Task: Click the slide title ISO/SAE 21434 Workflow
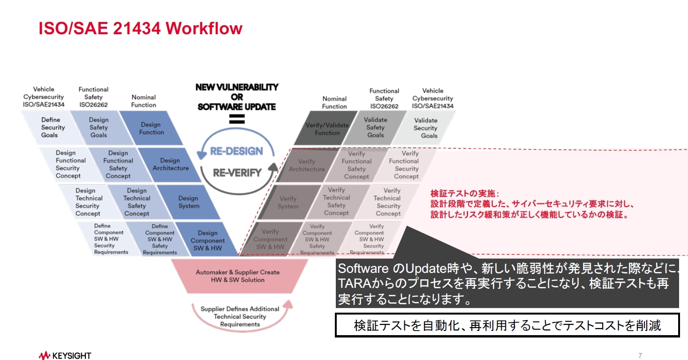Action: [x=141, y=29]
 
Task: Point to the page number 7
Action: [x=640, y=354]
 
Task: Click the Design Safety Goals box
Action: [x=98, y=127]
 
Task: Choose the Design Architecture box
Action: [x=170, y=164]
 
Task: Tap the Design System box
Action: [x=189, y=202]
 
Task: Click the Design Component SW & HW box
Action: [x=207, y=240]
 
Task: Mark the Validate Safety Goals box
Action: [x=376, y=127]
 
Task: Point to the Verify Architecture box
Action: [x=306, y=165]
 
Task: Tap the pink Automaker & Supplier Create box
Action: [x=237, y=276]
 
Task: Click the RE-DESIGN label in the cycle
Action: [x=236, y=151]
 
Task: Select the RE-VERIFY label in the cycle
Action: [x=237, y=172]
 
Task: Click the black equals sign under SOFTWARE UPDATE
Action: [x=237, y=120]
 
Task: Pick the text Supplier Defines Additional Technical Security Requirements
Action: [x=240, y=316]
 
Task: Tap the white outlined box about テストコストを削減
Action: [x=507, y=325]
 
